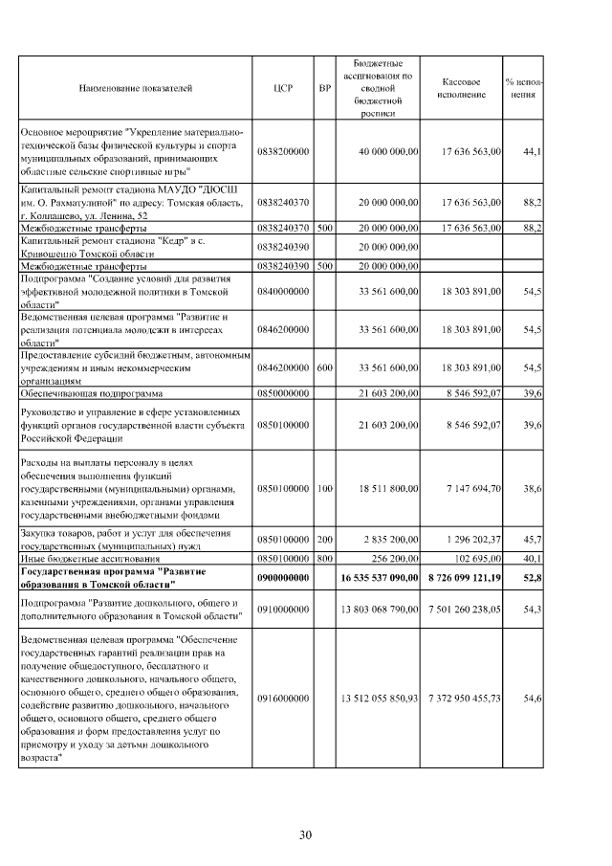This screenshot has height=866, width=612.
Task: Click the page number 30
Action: pos(305,835)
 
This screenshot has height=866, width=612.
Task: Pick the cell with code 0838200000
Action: pos(283,151)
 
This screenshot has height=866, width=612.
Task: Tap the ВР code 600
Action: pos(325,366)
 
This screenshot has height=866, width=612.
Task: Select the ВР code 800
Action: pos(325,557)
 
